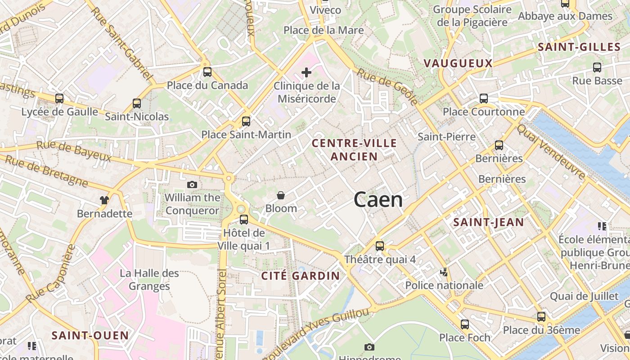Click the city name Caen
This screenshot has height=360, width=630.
pos(378,199)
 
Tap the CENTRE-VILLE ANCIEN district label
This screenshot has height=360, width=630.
pos(355,150)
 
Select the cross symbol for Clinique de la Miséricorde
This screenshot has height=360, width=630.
pos(306,72)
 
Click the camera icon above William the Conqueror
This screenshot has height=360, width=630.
pos(192,184)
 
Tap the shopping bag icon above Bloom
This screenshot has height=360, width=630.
pos(281,195)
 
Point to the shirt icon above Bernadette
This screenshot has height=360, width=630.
pos(104,200)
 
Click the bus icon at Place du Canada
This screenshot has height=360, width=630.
pos(207,72)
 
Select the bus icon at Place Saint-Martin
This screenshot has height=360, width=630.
pos(246,121)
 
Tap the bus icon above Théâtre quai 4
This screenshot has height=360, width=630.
pos(380,246)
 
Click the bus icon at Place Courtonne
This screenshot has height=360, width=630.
pos(484,98)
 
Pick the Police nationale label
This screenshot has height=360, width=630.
pos(444,285)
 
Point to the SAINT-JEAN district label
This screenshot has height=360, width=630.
pos(488,222)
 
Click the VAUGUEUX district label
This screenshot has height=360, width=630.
pos(458,63)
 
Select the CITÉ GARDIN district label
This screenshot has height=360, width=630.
pos(301,276)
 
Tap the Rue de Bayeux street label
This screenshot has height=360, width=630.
pos(74,151)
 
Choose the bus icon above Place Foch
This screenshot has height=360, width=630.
pos(465,324)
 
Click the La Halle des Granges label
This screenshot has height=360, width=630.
pos(149,279)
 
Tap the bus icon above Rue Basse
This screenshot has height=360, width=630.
pos(597,67)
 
